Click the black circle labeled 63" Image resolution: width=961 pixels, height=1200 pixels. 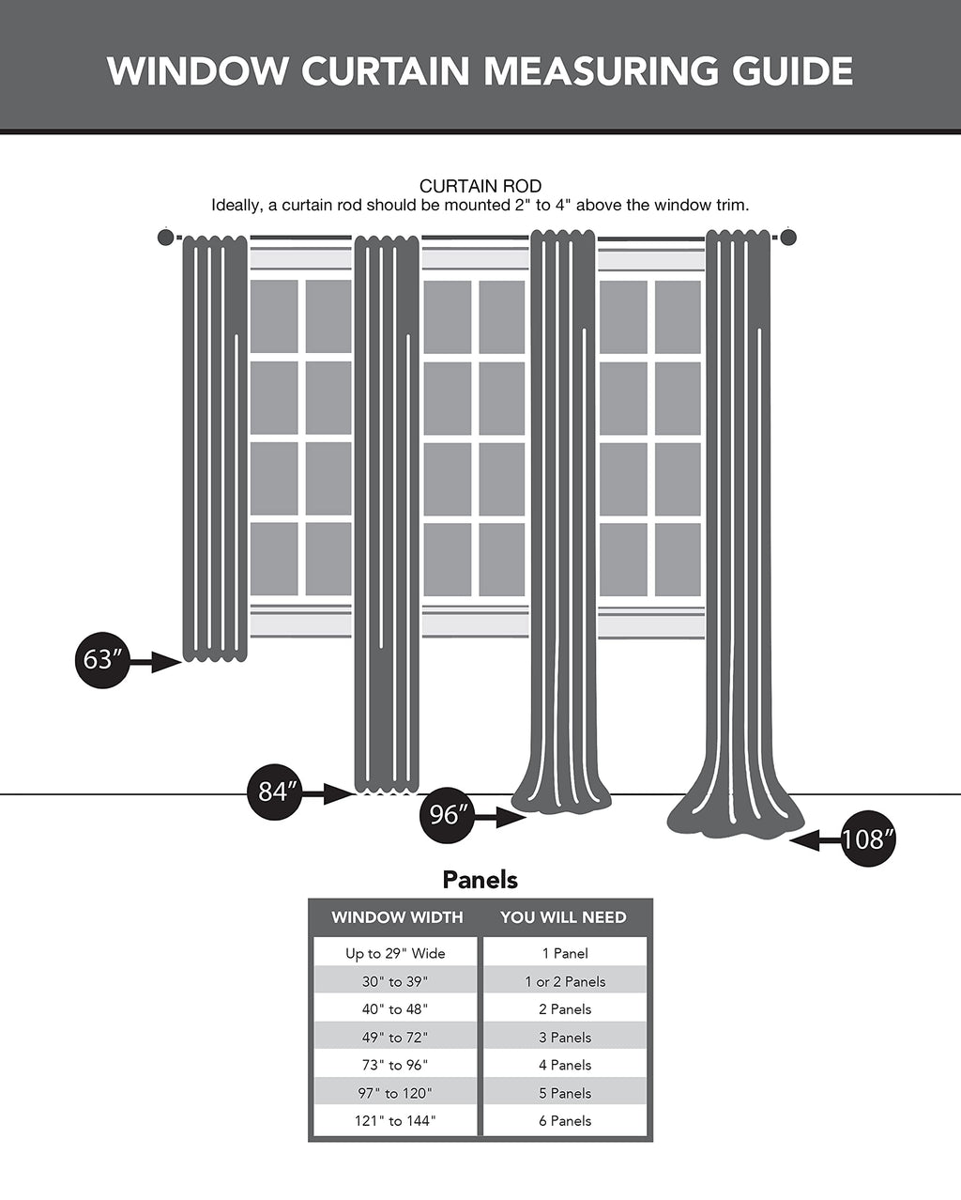coord(100,660)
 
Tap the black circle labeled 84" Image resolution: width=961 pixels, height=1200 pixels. coord(274,792)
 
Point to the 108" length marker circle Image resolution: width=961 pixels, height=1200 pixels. coord(867,838)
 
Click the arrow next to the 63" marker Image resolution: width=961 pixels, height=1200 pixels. coord(156,663)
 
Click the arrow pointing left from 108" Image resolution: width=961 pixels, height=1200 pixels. coord(816,841)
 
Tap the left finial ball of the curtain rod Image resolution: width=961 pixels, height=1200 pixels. coord(165,238)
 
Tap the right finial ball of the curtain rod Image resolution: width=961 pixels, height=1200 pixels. coord(788,238)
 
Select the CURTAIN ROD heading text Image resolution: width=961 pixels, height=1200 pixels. coord(480,186)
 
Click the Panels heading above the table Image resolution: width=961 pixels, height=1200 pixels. coord(480,880)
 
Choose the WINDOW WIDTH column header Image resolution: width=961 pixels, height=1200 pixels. coord(397,917)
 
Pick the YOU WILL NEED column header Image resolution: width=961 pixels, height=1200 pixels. coord(563,917)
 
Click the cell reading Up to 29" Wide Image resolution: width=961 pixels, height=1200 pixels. coord(395,953)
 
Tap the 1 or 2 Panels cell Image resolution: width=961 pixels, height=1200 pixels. coord(565,981)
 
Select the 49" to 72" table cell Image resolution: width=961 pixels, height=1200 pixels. coord(395,1037)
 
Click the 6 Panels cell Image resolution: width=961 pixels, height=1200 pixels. coord(565,1120)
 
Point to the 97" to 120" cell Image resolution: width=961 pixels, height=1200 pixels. coord(395,1093)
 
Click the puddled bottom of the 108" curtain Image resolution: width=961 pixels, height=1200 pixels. coord(737,817)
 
